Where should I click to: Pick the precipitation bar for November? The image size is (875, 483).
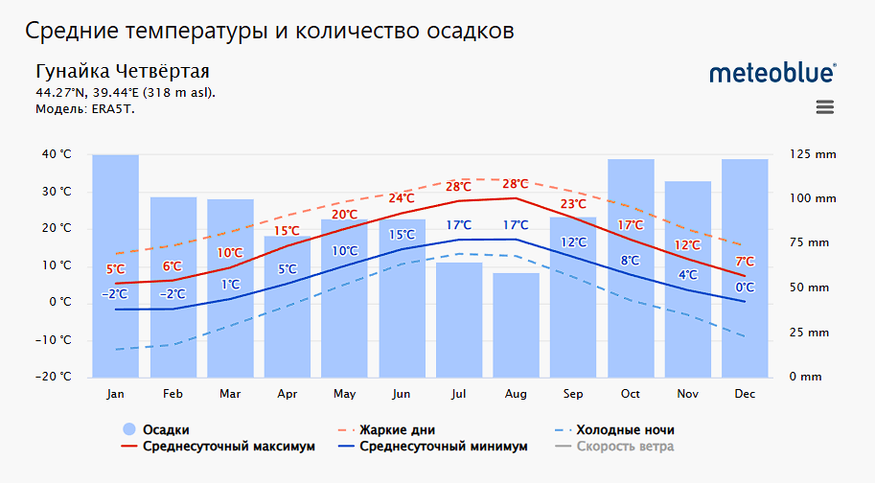688,278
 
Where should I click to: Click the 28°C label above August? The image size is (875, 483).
516,184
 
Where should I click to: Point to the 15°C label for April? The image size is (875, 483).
288,231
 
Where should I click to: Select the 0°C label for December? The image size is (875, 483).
745,287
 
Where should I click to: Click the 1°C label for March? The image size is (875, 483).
230,285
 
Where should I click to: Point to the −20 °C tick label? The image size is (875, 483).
55,377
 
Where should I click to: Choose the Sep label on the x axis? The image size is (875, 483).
573,394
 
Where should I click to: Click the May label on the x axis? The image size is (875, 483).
344,394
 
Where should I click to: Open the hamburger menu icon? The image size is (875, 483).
825,107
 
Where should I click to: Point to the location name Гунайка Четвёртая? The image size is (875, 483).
122,72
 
